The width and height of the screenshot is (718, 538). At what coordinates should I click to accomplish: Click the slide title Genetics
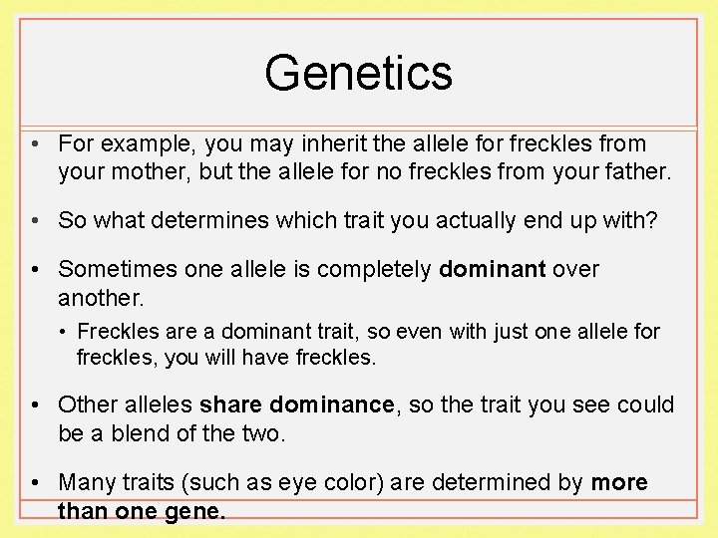(x=358, y=73)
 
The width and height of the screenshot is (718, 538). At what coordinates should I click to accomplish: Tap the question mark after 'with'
(x=652, y=220)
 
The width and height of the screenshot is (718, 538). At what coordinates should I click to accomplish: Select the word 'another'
(x=98, y=298)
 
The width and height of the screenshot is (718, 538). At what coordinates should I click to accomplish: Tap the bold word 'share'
(x=230, y=405)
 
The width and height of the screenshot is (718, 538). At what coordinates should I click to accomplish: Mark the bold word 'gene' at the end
(x=199, y=511)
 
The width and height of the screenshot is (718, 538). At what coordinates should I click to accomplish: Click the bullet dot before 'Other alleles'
(x=35, y=405)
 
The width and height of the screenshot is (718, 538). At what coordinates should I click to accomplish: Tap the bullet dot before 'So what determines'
(x=35, y=220)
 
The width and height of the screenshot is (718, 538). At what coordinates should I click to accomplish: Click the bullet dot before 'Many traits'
(x=35, y=483)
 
